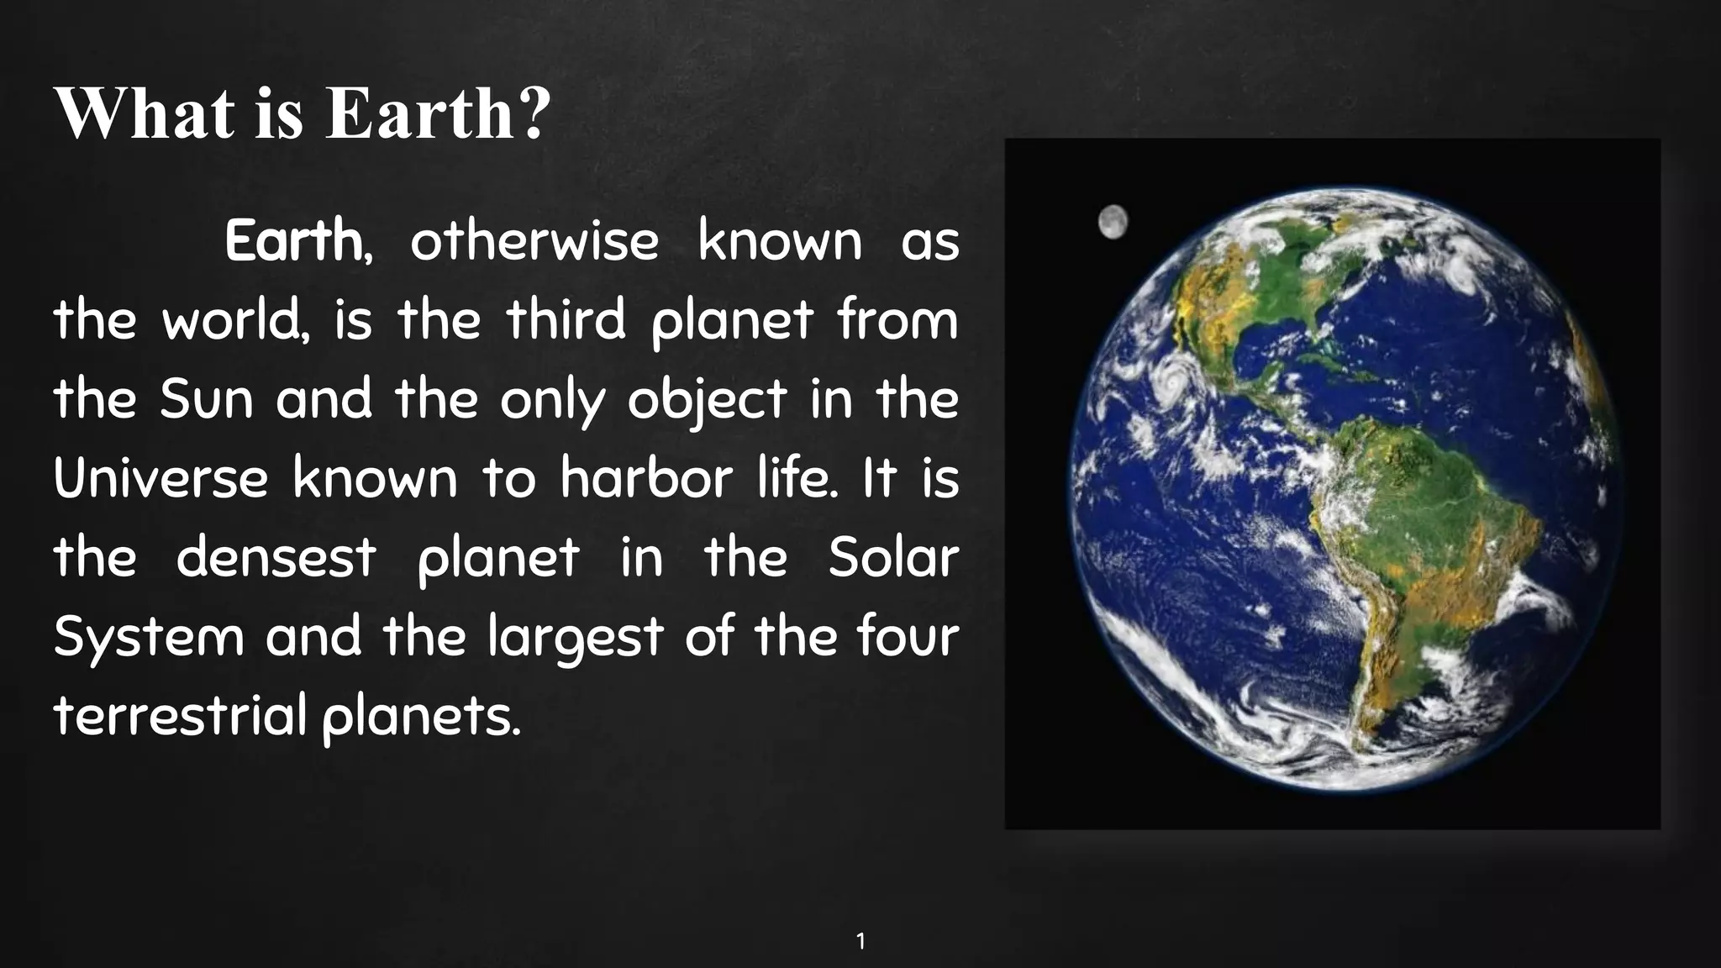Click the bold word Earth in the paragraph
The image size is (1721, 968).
point(293,242)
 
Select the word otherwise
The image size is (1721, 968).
point(534,242)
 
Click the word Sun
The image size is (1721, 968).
point(207,400)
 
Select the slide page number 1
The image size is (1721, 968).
point(860,941)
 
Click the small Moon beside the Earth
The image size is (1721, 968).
point(1113,222)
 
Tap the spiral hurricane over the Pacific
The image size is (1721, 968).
point(1171,376)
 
